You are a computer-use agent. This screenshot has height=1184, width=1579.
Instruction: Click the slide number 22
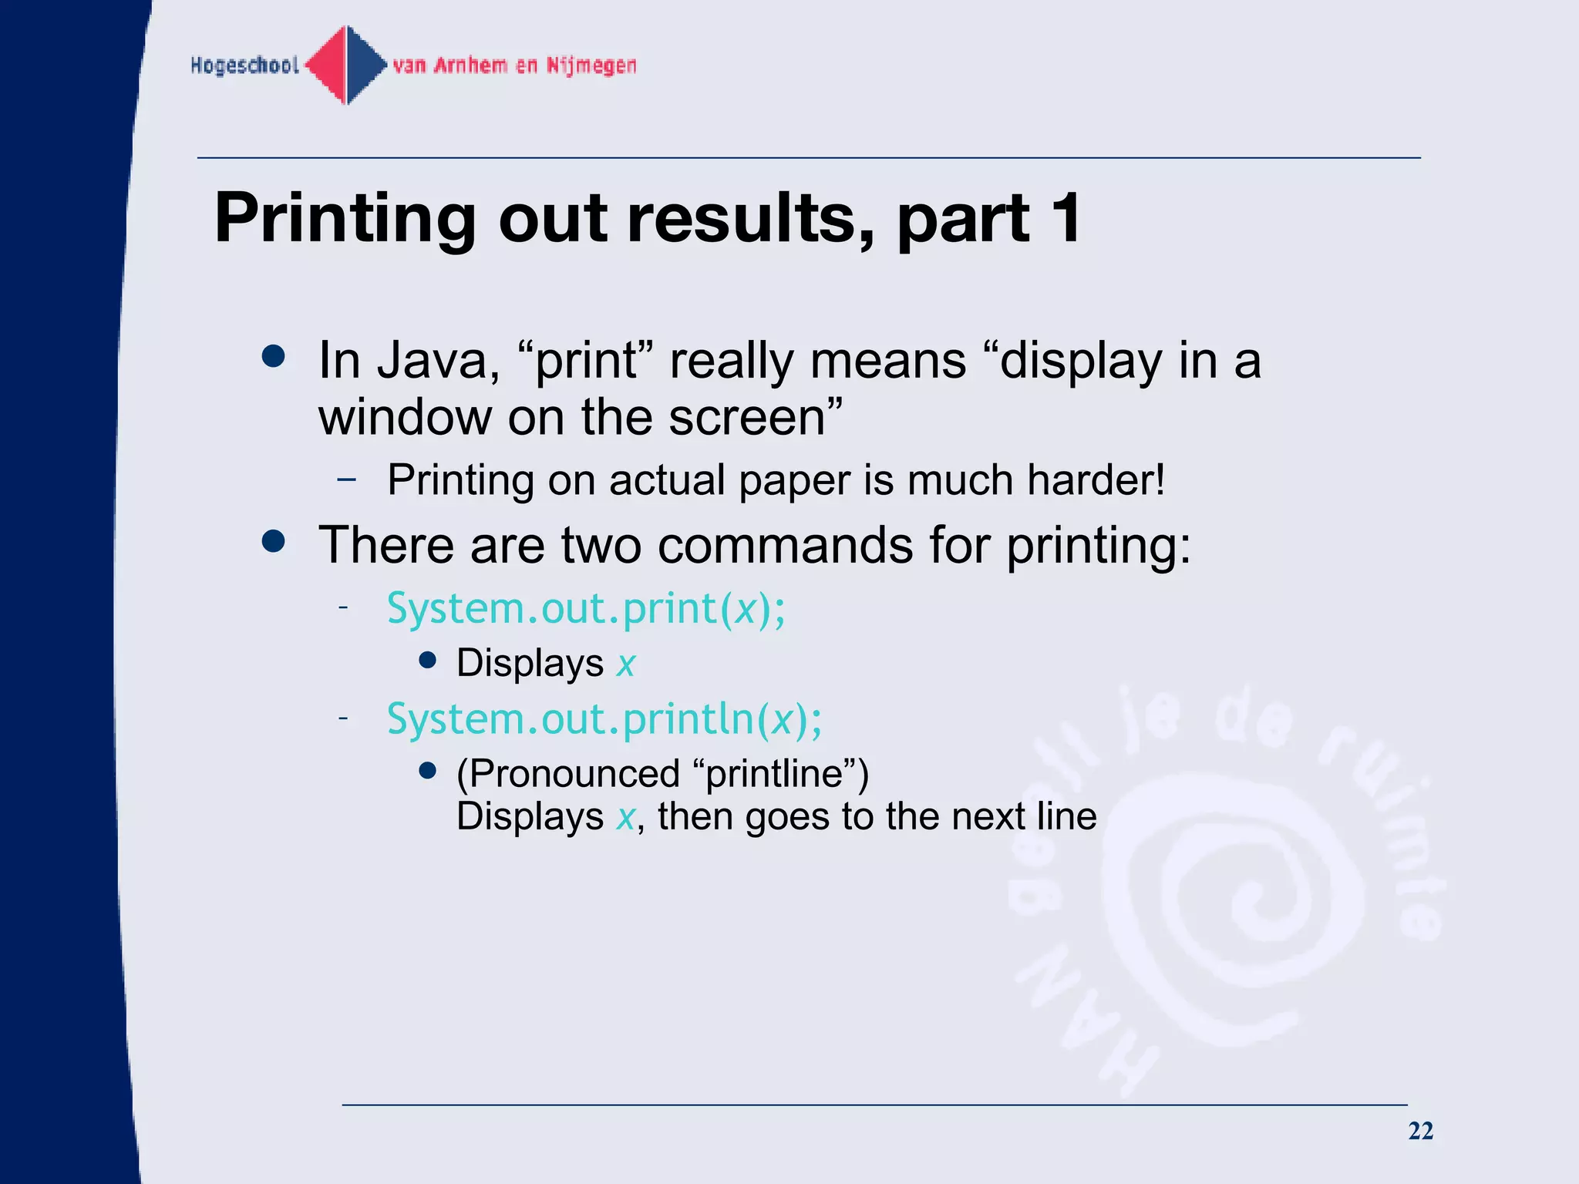pyautogui.click(x=1420, y=1131)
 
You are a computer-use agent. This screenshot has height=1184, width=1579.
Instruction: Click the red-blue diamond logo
pyautogui.click(x=346, y=66)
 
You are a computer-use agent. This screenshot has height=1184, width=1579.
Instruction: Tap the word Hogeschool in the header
pyautogui.click(x=244, y=66)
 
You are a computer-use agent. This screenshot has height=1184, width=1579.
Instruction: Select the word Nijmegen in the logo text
pyautogui.click(x=591, y=66)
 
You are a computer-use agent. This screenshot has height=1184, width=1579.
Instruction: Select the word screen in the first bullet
pyautogui.click(x=746, y=417)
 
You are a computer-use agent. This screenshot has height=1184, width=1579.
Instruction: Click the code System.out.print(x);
pyautogui.click(x=586, y=609)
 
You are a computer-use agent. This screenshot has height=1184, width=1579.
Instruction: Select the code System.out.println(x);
pyautogui.click(x=604, y=719)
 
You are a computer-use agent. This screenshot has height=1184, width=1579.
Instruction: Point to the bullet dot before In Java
pyautogui.click(x=273, y=356)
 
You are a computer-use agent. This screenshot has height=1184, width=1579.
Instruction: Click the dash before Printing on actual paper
pyautogui.click(x=346, y=479)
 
